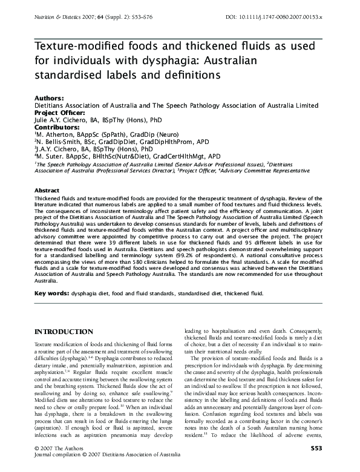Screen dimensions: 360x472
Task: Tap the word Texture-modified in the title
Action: click(79, 48)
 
